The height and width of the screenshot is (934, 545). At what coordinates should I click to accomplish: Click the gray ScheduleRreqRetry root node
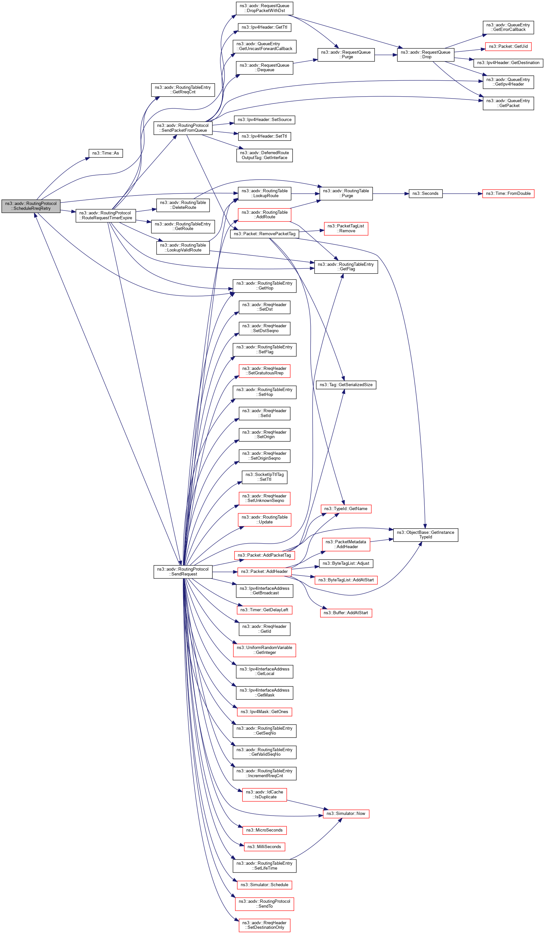point(31,206)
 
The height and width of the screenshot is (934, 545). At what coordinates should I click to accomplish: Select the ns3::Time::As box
point(106,153)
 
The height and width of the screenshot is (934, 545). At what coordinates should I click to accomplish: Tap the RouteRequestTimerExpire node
point(106,215)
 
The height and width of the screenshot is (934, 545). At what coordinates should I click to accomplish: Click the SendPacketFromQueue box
point(183,128)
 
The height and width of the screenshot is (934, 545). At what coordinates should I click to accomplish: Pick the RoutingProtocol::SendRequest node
point(183,572)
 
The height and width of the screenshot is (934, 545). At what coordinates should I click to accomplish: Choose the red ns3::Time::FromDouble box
point(508,194)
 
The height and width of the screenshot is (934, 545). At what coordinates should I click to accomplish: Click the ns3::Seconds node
point(425,194)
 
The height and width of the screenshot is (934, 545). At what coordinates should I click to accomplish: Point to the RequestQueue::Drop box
point(425,55)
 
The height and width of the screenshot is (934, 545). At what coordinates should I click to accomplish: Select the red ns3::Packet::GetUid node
point(508,46)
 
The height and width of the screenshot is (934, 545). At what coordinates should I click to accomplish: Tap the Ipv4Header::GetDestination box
point(508,63)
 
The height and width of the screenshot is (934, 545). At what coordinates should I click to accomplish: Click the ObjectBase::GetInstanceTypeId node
point(425,535)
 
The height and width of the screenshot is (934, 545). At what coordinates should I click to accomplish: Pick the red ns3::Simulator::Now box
point(346,814)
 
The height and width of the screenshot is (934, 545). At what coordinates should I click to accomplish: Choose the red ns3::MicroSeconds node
point(264,830)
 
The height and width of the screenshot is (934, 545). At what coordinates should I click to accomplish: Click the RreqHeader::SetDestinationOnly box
point(264,925)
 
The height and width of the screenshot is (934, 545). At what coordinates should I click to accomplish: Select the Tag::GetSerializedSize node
point(346,385)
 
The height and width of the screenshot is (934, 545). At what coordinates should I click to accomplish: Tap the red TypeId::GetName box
point(346,508)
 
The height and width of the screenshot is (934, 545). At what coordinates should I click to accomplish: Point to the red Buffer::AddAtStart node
point(346,613)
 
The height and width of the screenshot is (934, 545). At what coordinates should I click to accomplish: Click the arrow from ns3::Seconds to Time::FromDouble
point(462,194)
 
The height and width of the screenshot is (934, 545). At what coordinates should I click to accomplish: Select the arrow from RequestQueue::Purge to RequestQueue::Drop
point(386,55)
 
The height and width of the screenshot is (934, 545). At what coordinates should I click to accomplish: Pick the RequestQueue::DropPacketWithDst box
point(264,8)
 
